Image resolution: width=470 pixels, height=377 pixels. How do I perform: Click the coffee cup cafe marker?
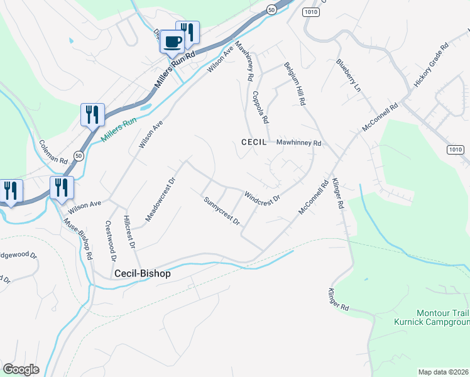coord(172,42)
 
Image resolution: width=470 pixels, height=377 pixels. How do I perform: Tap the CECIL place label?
coord(254,143)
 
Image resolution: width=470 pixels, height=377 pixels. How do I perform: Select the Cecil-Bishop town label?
coord(143,274)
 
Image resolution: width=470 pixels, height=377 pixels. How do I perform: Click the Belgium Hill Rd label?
coord(294,84)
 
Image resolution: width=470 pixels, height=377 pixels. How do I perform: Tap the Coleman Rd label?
coord(53,151)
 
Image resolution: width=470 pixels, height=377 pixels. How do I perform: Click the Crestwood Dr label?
coord(111,241)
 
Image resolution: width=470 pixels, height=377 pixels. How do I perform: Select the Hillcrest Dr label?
coord(130,232)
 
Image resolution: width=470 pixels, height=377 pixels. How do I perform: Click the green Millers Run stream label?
coord(119,129)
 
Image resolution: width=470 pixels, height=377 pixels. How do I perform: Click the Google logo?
coord(21,369)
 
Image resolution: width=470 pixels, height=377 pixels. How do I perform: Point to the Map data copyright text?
coord(444,372)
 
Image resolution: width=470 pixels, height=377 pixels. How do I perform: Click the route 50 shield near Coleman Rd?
coord(78,155)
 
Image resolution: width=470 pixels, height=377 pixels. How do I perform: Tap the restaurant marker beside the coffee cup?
coord(187,31)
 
